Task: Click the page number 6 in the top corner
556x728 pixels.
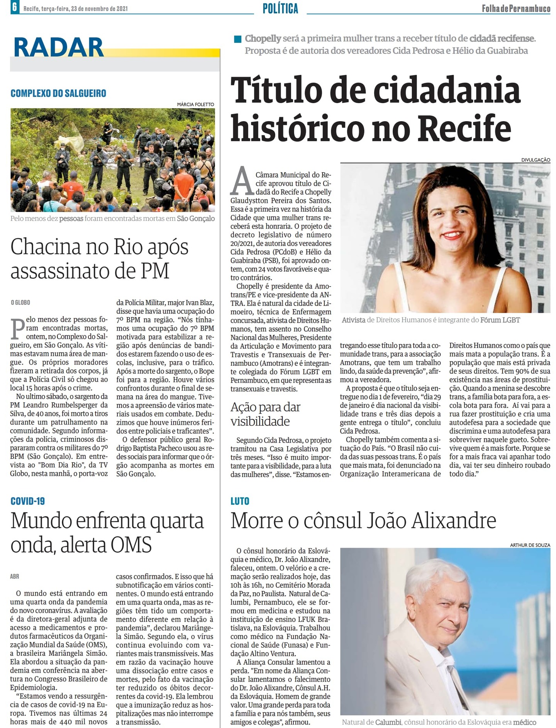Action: click(x=15, y=7)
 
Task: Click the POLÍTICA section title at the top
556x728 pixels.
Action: click(x=280, y=8)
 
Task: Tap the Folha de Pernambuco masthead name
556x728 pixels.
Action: click(x=516, y=8)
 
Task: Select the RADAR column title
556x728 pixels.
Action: click(x=59, y=48)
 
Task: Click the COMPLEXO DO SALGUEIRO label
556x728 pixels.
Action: click(x=58, y=93)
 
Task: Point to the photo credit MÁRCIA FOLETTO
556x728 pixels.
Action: click(x=195, y=104)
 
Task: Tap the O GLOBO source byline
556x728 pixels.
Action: click(x=20, y=302)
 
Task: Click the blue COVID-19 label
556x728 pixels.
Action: click(x=28, y=501)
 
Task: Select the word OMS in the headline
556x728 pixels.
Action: click(x=131, y=545)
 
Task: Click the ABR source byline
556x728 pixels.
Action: click(x=15, y=576)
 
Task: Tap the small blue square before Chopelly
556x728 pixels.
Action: click(x=238, y=39)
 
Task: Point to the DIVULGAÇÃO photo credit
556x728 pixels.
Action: click(x=536, y=160)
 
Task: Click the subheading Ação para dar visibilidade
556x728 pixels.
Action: click(x=266, y=414)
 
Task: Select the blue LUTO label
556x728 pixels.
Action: click(x=240, y=501)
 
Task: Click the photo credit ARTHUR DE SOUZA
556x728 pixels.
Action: click(x=530, y=545)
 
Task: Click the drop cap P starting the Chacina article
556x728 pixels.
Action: click(x=18, y=328)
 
